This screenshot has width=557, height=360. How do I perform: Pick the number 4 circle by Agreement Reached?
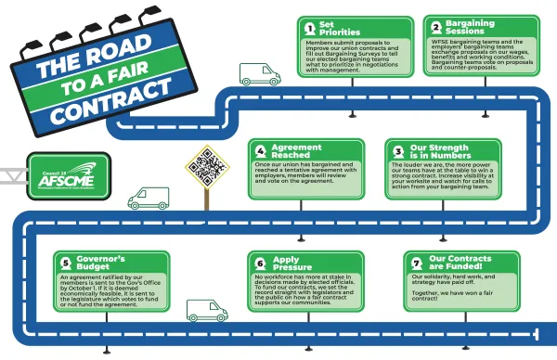click(262, 151)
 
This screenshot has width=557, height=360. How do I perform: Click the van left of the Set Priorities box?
click(260, 73)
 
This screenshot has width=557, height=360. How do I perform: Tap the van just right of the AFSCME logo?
click(149, 198)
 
